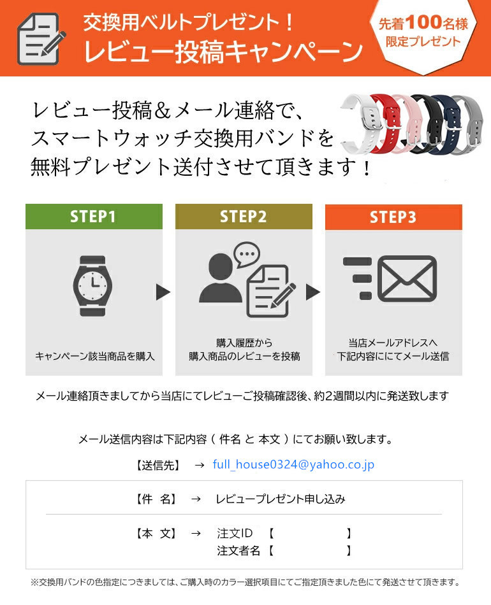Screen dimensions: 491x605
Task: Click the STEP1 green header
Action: point(94,217)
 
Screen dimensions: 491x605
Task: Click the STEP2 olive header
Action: point(244,217)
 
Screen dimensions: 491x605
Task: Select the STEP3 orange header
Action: point(393,217)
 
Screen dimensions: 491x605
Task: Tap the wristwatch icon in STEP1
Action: point(92,286)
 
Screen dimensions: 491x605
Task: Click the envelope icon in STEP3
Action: point(407,278)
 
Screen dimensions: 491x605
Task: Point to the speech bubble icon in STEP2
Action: point(247,255)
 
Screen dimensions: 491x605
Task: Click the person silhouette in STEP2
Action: point(220,278)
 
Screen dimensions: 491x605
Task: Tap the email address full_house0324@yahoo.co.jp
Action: point(293,464)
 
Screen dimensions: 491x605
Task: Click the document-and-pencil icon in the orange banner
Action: point(41,39)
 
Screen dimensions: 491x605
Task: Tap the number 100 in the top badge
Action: point(424,22)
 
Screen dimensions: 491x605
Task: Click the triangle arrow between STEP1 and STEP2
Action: point(163,292)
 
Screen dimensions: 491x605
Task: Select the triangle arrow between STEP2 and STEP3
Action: point(313,292)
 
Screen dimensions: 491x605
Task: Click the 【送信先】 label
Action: point(158,466)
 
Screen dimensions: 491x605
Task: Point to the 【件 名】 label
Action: point(157,499)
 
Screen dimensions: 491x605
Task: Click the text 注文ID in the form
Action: point(235,533)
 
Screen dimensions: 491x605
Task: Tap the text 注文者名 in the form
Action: point(238,550)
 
